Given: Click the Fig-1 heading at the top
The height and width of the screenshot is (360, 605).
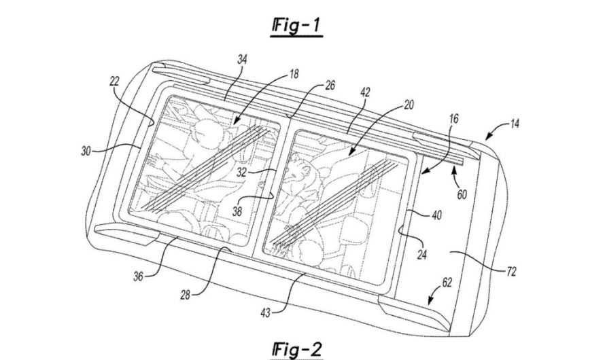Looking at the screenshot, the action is click(x=296, y=26).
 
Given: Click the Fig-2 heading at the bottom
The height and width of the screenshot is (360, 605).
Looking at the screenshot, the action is click(x=296, y=350).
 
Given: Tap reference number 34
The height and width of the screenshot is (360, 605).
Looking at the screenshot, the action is click(x=242, y=60).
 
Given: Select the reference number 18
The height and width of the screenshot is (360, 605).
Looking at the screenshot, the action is click(x=294, y=74).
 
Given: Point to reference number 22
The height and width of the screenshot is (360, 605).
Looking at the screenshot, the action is click(x=114, y=82).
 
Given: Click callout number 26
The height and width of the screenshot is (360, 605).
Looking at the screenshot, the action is click(x=330, y=85).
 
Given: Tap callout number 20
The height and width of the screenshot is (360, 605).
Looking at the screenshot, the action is click(x=409, y=105).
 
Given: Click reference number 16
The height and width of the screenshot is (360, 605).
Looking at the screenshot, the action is click(x=454, y=119).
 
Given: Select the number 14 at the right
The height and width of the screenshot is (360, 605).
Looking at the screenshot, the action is click(x=515, y=124).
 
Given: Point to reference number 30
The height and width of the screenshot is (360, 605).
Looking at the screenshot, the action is click(x=86, y=151).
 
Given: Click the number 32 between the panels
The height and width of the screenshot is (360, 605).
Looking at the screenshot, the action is click(x=242, y=172).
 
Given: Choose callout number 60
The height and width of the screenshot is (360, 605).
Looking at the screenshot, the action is click(x=462, y=194).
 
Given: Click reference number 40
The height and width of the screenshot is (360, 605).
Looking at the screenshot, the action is click(x=436, y=215).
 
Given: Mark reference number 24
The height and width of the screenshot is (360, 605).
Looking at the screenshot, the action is click(x=421, y=255).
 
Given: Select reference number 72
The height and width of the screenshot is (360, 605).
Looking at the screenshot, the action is click(x=511, y=272).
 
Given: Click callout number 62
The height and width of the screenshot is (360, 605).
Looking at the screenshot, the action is click(x=447, y=283).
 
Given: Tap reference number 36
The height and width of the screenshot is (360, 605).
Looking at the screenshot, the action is click(x=139, y=276).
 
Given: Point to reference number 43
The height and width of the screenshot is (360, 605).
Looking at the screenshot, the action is click(x=266, y=312).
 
